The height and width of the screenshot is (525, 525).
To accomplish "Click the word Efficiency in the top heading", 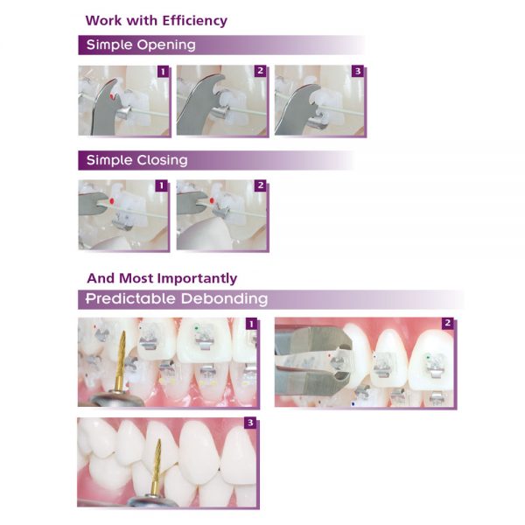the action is coord(195,21).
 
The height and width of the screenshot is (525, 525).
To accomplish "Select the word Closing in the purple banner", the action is coord(163,160).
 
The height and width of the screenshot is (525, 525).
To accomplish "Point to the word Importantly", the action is coord(197,278).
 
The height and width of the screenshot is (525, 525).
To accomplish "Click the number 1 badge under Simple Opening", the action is coord(163,72).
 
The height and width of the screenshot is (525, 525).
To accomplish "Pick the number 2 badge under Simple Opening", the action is coord(261,71).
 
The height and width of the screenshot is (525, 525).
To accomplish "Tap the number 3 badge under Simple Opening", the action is coord(358,71).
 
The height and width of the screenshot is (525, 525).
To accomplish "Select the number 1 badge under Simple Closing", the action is coord(161,185).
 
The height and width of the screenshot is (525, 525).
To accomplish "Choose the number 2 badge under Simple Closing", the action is coord(261,185).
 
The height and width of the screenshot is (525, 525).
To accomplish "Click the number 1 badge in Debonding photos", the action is coord(251,324).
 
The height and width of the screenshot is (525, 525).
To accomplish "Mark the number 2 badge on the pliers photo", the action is coord(448,323).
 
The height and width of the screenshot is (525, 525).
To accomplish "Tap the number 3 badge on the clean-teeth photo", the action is coord(251,423).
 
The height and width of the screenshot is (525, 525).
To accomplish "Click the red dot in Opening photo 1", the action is coord(112,96).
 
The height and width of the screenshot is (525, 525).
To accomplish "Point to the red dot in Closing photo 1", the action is coord(111,201).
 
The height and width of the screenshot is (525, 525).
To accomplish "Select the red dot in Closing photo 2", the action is coord(212,201).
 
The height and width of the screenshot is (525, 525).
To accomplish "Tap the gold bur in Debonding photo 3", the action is coord(156,466).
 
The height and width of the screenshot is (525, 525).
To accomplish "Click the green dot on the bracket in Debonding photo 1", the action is coord(197,328).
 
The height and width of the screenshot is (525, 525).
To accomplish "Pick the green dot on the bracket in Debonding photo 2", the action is coord(428,358).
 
